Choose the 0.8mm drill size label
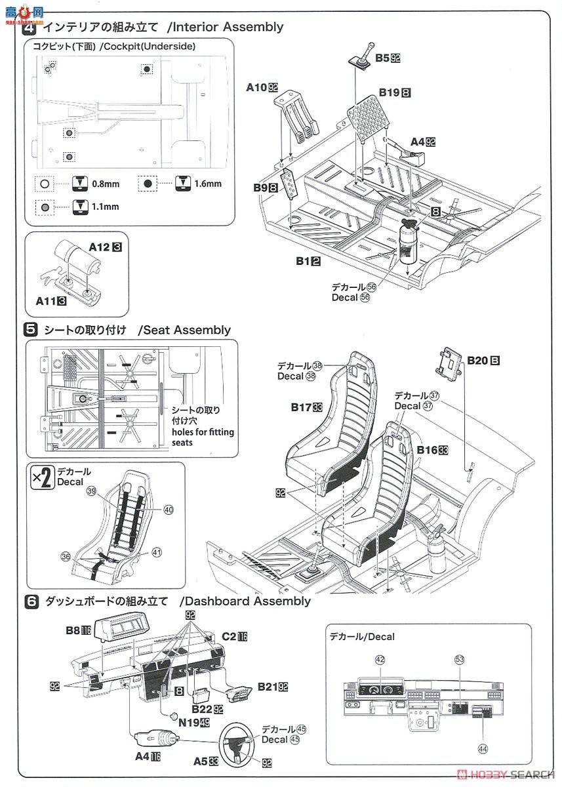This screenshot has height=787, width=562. pos(102,184)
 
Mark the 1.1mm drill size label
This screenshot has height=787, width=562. pos(105,206)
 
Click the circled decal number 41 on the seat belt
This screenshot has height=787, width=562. pos(155,552)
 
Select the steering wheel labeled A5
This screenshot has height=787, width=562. pos(237,742)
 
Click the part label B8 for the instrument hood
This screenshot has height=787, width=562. pos(77,631)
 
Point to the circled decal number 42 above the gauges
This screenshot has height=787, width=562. pos(378,660)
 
